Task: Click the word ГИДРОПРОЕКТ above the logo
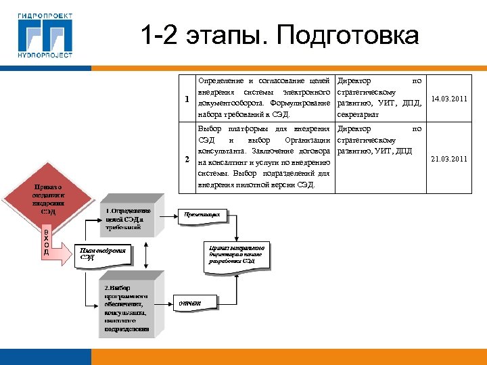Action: tap(45, 13)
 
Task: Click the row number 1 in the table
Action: tap(187, 99)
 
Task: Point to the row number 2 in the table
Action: tap(187, 160)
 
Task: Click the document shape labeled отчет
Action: tap(191, 303)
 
